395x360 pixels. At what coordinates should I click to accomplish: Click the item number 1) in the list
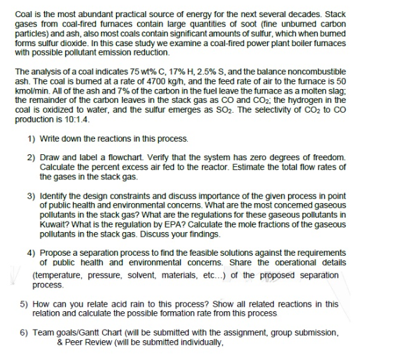[31, 138]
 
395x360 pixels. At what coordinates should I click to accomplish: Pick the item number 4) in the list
[31, 253]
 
